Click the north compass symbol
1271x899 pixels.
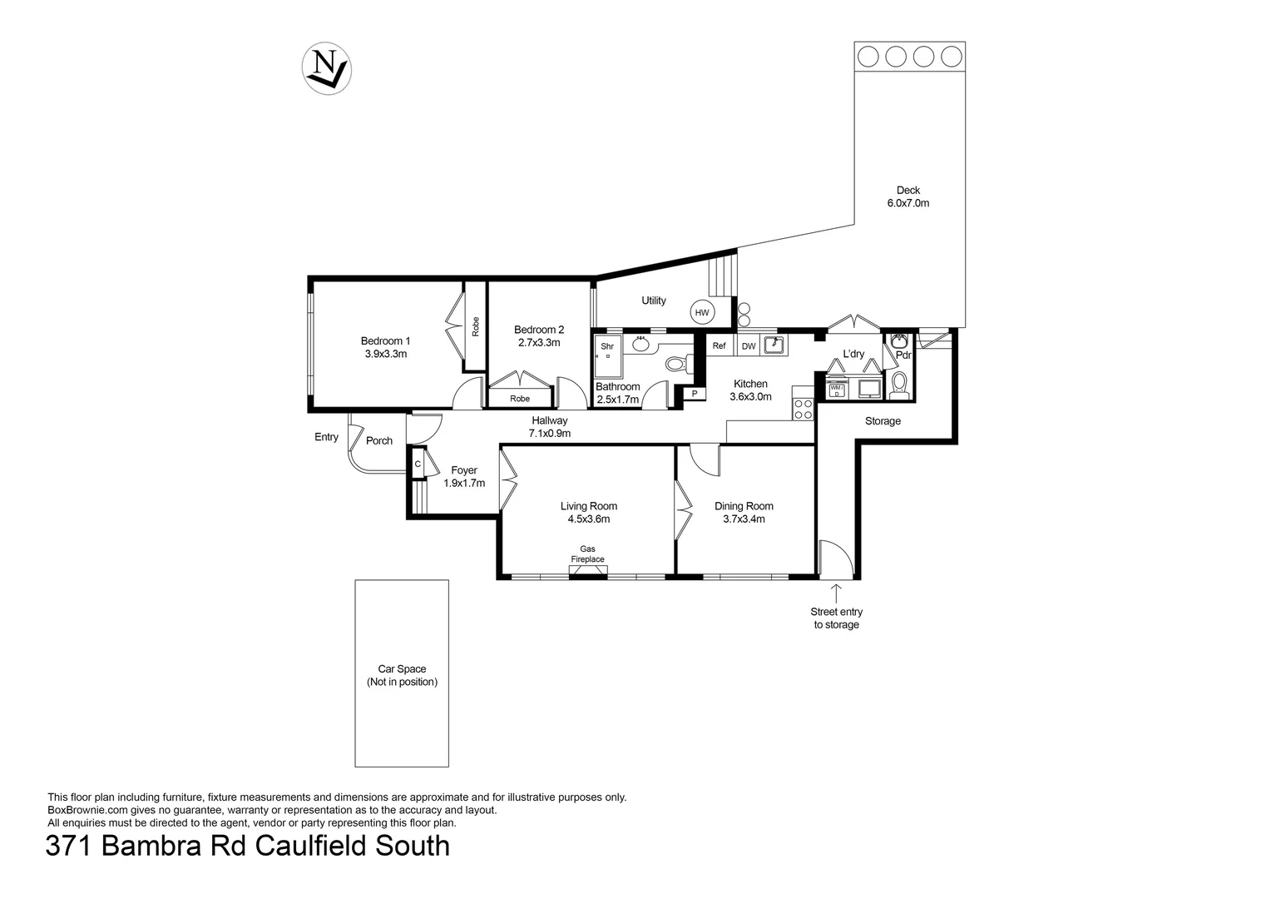tap(325, 67)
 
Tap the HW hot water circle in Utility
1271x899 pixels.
tap(702, 313)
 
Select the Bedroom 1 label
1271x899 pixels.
tap(385, 340)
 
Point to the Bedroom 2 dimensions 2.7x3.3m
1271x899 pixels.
tap(539, 342)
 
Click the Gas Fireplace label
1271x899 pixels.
tap(587, 554)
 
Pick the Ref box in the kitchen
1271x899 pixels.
tap(719, 346)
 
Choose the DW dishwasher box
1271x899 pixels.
tap(749, 346)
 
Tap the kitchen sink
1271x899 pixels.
tap(774, 345)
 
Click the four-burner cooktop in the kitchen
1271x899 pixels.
tap(804, 409)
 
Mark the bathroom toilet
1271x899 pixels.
tap(675, 364)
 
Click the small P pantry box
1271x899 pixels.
tap(694, 394)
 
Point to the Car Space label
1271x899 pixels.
tap(402, 668)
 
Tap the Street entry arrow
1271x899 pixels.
tap(836, 593)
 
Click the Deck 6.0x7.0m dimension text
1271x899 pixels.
tap(908, 203)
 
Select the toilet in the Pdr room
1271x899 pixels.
tap(898, 384)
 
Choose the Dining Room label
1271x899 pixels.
tap(744, 506)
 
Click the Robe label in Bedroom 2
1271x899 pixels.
tap(520, 399)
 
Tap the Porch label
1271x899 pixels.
tap(379, 440)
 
